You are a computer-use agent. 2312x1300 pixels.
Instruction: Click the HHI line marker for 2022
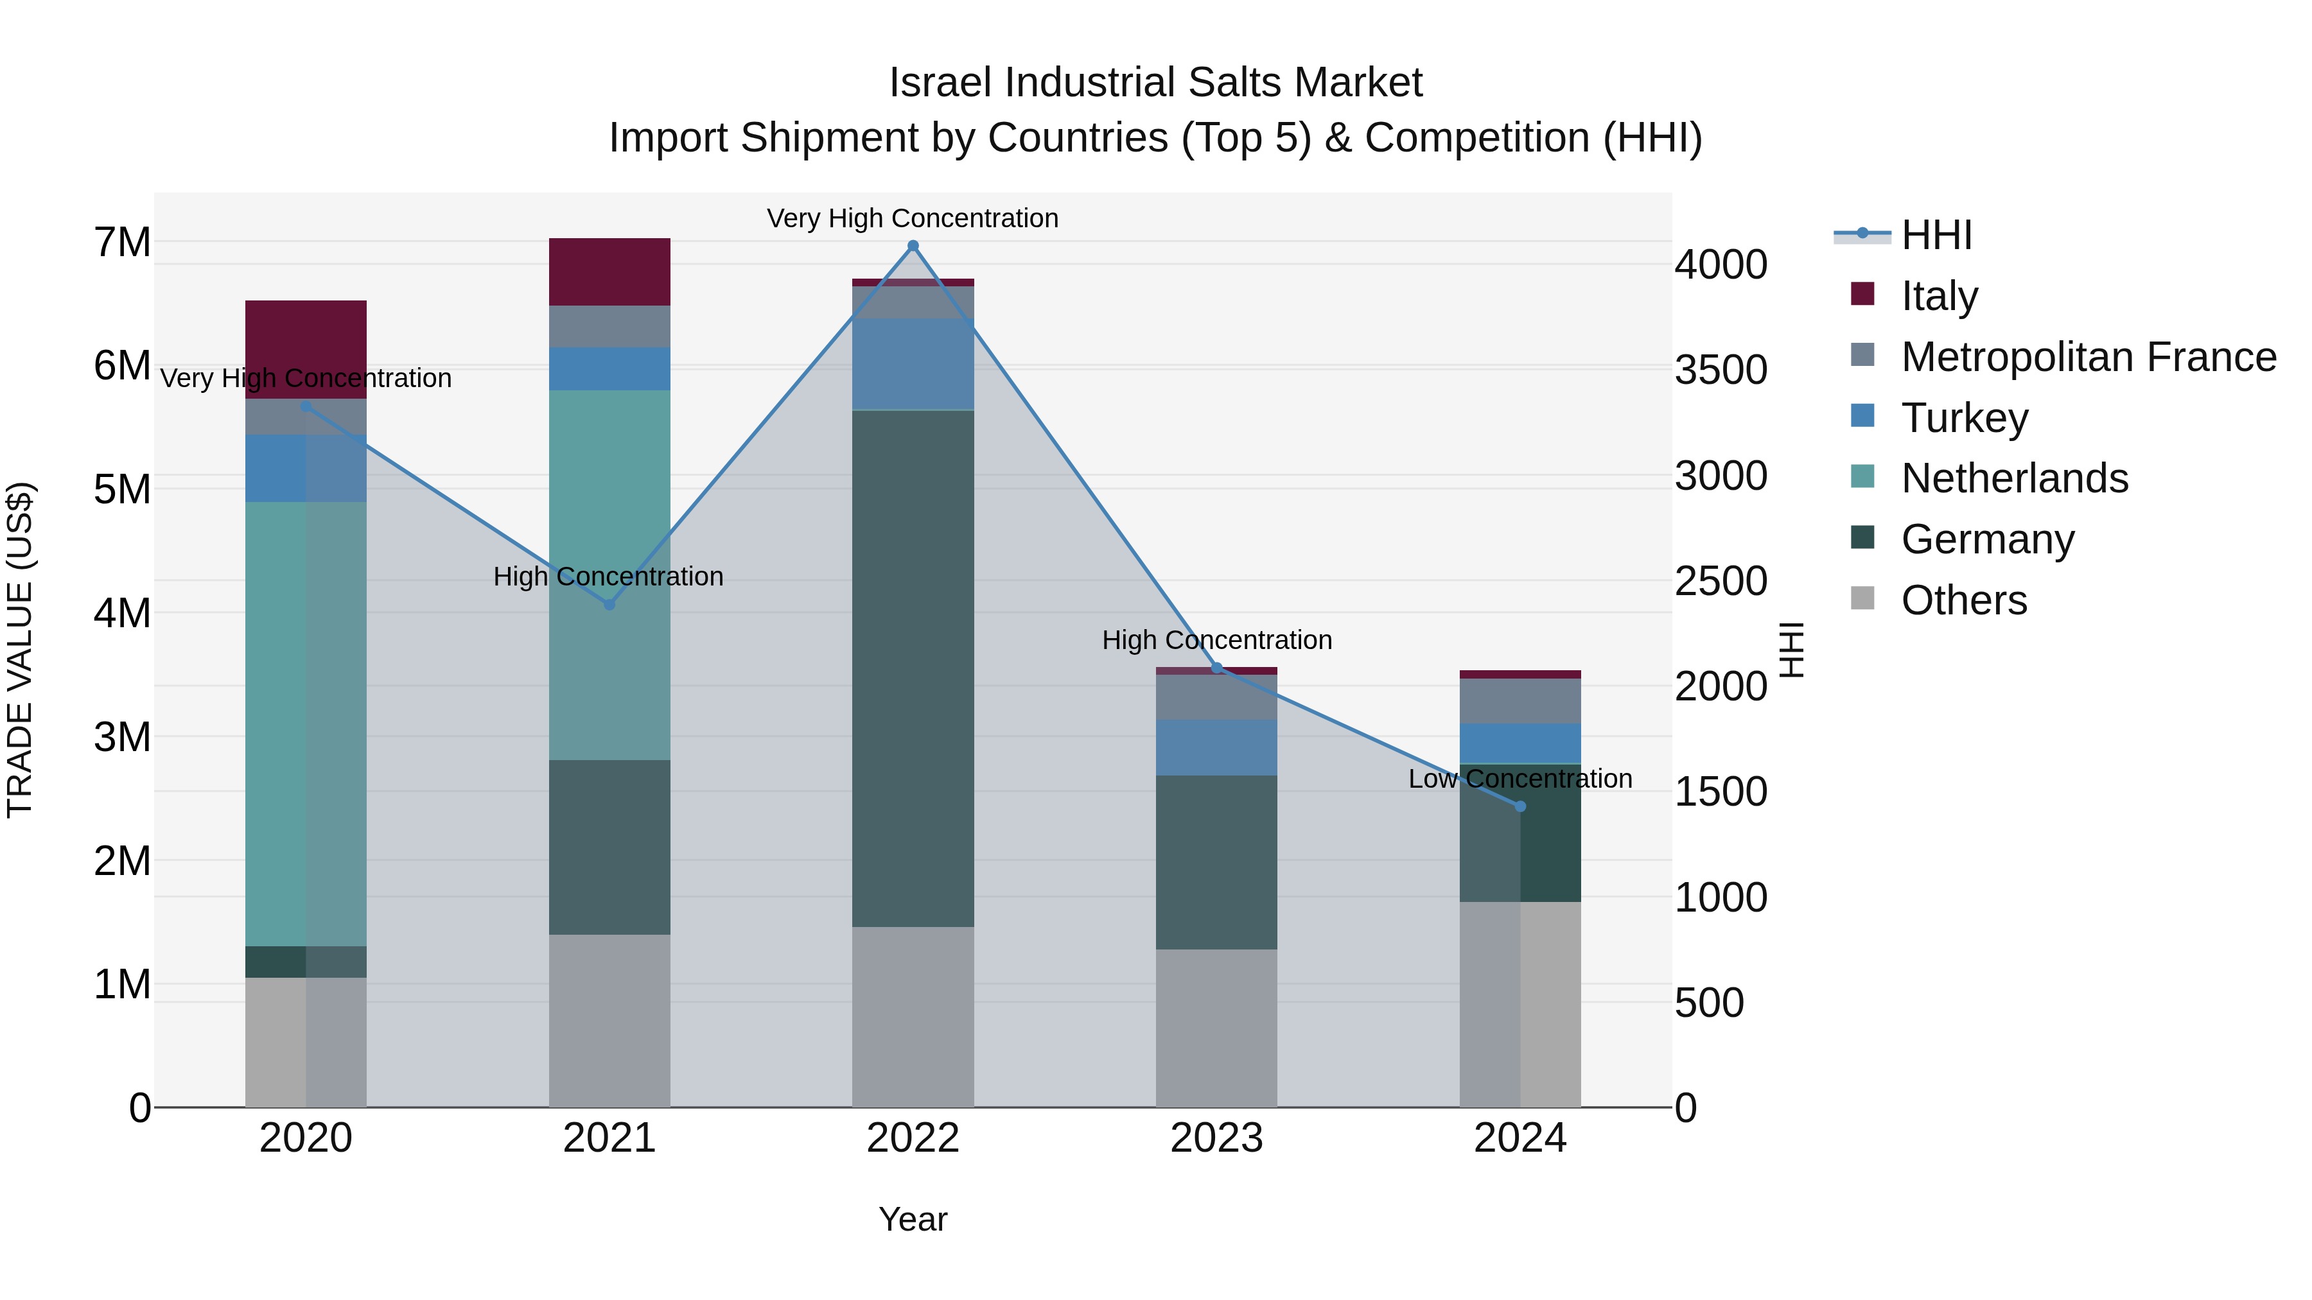point(913,246)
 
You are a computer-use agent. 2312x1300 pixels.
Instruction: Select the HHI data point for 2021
point(609,605)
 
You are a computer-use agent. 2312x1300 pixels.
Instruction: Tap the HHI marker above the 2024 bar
point(1519,806)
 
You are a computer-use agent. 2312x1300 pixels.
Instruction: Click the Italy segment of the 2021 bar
point(609,272)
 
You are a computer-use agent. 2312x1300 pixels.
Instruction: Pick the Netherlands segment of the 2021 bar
point(609,574)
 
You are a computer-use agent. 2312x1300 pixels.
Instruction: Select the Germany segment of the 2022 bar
point(913,668)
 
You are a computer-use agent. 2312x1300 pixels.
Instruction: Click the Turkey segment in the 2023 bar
point(1216,747)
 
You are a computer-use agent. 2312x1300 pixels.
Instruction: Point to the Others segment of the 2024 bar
point(1519,1005)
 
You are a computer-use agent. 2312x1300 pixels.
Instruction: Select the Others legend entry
point(1963,600)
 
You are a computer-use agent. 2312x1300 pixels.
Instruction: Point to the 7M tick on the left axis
point(122,242)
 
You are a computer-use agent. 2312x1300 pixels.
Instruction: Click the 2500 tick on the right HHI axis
point(1721,582)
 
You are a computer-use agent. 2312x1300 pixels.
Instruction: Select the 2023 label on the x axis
point(1216,1138)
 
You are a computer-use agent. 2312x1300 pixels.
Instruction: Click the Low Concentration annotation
point(1519,779)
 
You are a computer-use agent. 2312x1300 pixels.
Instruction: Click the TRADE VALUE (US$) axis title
point(20,650)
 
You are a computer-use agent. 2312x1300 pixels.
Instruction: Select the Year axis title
point(913,1219)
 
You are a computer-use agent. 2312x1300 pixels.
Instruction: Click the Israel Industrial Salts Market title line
point(1155,83)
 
